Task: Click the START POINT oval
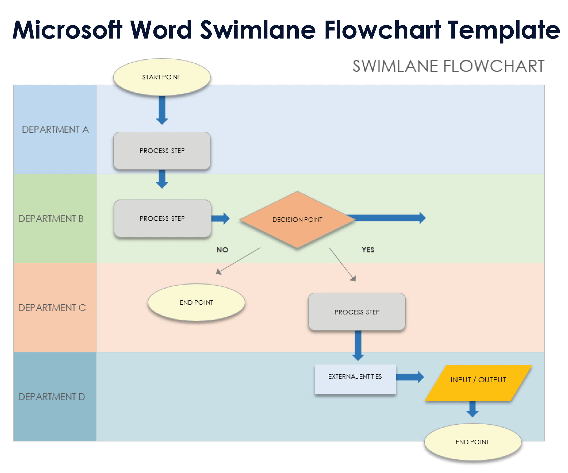pyautogui.click(x=162, y=77)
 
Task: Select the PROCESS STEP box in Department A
pyautogui.click(x=162, y=151)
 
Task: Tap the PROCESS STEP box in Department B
pyautogui.click(x=162, y=218)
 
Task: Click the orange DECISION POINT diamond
pyautogui.click(x=297, y=220)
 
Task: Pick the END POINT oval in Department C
pyautogui.click(x=196, y=302)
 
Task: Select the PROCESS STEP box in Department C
pyautogui.click(x=357, y=312)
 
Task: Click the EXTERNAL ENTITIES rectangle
pyautogui.click(x=355, y=379)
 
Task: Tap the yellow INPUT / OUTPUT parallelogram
pyautogui.click(x=478, y=382)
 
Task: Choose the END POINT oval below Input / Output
pyautogui.click(x=472, y=442)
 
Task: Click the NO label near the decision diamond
pyautogui.click(x=222, y=250)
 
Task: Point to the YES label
pyautogui.click(x=368, y=250)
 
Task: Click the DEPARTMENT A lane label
pyautogui.click(x=55, y=130)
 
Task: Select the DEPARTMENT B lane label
pyautogui.click(x=51, y=218)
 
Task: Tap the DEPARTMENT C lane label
pyautogui.click(x=52, y=308)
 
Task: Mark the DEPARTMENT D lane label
pyautogui.click(x=52, y=397)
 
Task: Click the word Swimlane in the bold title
pyautogui.click(x=258, y=30)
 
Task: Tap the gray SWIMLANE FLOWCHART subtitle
pyautogui.click(x=448, y=66)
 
